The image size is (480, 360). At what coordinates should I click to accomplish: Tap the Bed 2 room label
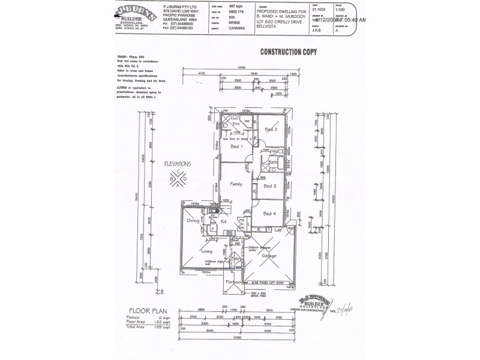[271, 129]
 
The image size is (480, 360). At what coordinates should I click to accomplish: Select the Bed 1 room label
[236, 146]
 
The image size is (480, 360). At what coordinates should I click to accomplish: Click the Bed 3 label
[271, 186]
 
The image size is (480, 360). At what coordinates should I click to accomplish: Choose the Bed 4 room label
[270, 214]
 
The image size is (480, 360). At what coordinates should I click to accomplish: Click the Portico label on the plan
[233, 281]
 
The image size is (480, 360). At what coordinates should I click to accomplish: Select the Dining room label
[193, 221]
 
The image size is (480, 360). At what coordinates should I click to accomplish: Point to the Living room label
[207, 252]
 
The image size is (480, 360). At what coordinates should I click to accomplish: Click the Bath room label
[272, 162]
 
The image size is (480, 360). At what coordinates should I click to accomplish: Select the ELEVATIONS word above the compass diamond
[178, 164]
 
